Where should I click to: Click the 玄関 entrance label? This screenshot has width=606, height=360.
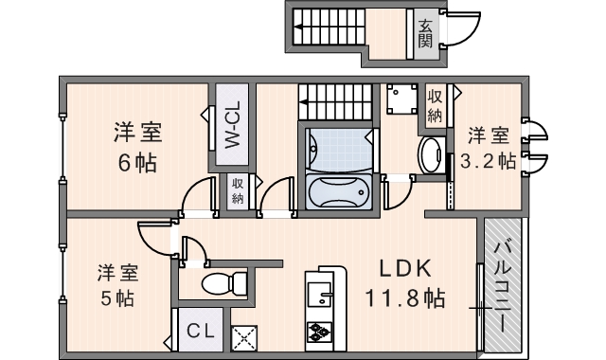(x=425, y=34)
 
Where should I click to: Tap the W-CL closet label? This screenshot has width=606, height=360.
(x=233, y=124)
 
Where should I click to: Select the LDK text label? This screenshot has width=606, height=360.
(x=405, y=268)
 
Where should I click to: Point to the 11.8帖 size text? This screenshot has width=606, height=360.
(x=405, y=298)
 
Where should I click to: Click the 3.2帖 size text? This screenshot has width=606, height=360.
(x=488, y=160)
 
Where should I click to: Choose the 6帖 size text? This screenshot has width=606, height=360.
(x=137, y=163)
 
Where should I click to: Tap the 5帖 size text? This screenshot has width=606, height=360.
(x=117, y=297)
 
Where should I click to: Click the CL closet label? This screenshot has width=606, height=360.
(x=201, y=331)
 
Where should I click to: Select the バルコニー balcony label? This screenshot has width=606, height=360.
(x=503, y=286)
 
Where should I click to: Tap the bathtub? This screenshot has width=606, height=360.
(x=339, y=192)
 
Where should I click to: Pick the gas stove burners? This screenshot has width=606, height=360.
(x=319, y=332)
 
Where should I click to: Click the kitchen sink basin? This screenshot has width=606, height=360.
(x=319, y=295)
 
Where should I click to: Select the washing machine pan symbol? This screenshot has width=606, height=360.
(x=401, y=99)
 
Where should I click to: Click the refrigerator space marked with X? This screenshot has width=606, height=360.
(x=244, y=339)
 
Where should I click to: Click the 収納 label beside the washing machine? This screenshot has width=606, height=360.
(x=435, y=106)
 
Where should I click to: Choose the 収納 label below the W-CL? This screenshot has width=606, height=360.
(x=238, y=191)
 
